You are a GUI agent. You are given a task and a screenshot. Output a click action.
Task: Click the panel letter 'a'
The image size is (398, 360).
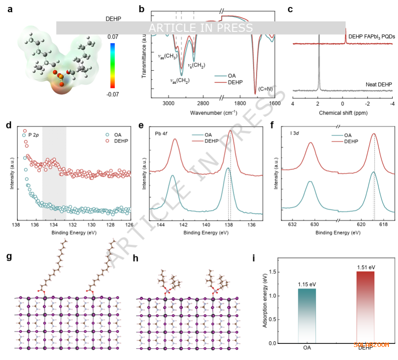(10, 9)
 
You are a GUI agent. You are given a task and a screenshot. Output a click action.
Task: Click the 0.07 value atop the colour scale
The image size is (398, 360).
(113, 38)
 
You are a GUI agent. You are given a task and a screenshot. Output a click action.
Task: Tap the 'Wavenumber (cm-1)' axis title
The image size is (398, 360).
(213, 113)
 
